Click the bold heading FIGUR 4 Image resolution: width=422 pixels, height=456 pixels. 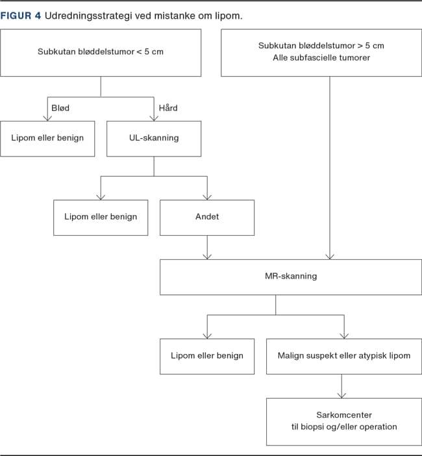pyautogui.click(x=20, y=16)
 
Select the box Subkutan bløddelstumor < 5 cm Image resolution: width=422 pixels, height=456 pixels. pyautogui.click(x=101, y=51)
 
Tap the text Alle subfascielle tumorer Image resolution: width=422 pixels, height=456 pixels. pyautogui.click(x=321, y=58)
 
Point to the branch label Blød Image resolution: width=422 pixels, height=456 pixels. pyautogui.click(x=60, y=107)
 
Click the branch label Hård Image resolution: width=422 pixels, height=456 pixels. pyautogui.click(x=168, y=107)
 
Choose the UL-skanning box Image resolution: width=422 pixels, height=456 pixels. pyautogui.click(x=153, y=138)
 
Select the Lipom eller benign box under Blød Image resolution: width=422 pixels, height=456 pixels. pyautogui.click(x=47, y=138)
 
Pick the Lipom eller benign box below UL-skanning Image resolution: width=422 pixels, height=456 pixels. pyautogui.click(x=101, y=217)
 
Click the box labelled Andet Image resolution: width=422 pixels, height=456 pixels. pyautogui.click(x=206, y=217)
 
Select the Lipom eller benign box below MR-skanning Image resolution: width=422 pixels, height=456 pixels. pyautogui.click(x=206, y=355)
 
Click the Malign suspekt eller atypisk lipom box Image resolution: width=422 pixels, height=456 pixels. pyautogui.click(x=343, y=355)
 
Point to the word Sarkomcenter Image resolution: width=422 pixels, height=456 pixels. pyautogui.click(x=343, y=414)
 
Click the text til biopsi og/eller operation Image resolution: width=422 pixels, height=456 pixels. pyautogui.click(x=343, y=427)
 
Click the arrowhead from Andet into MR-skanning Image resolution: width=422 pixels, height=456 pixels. pyautogui.click(x=207, y=256)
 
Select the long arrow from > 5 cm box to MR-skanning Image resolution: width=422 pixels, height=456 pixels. pyautogui.click(x=330, y=169)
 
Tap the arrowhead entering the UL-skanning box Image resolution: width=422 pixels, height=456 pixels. pyautogui.click(x=154, y=118)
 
